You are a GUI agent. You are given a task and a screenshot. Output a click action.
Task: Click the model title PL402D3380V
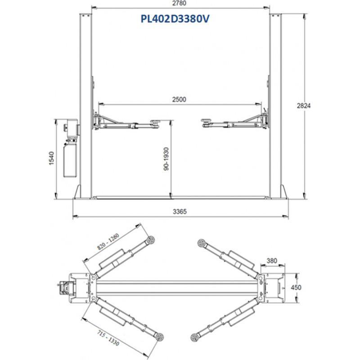click(x=175, y=19)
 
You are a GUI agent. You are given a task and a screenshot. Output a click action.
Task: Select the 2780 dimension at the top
click(x=179, y=3)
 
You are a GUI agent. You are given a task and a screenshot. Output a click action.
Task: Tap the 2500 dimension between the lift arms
click(x=179, y=99)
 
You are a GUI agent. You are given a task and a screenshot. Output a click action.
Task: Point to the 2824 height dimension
click(x=303, y=106)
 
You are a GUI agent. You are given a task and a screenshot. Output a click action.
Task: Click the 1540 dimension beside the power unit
click(x=51, y=158)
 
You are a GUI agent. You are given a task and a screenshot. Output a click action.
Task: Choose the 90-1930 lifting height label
click(x=166, y=159)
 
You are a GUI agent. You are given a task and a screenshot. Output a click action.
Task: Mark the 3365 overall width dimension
click(x=180, y=211)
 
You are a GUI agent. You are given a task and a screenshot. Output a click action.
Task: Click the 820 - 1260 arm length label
click(x=108, y=242)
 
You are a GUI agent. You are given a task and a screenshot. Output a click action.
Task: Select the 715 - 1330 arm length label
click(x=108, y=338)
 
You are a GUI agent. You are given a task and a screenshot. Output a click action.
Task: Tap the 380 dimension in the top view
click(x=272, y=261)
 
